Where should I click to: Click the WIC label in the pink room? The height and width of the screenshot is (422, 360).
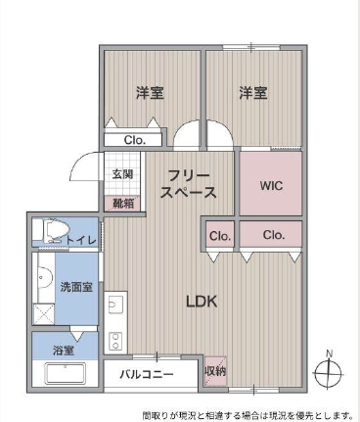pyautogui.click(x=271, y=186)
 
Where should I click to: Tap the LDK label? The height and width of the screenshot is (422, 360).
pyautogui.click(x=202, y=302)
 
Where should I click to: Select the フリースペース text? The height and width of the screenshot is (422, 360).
pyautogui.click(x=189, y=184)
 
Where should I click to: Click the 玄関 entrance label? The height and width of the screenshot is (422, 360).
pyautogui.click(x=122, y=174)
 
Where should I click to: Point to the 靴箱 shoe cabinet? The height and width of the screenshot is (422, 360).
pyautogui.click(x=122, y=204)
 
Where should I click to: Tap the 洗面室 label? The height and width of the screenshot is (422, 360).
pyautogui.click(x=76, y=287)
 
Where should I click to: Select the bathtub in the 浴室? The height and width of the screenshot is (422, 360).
pyautogui.click(x=65, y=374)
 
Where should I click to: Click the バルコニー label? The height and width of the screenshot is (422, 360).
pyautogui.click(x=147, y=374)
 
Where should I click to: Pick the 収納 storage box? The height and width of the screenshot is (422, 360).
pyautogui.click(x=215, y=371)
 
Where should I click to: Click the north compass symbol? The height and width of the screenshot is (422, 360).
pyautogui.click(x=328, y=370)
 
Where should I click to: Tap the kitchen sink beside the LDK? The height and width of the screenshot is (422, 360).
pyautogui.click(x=115, y=305)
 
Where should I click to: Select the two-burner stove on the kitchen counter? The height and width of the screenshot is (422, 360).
pyautogui.click(x=115, y=341)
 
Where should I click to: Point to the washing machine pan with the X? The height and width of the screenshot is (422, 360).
pyautogui.click(x=44, y=313)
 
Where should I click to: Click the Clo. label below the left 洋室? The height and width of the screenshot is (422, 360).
pyautogui.click(x=134, y=140)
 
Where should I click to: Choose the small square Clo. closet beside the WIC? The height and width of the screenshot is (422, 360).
pyautogui.click(x=220, y=235)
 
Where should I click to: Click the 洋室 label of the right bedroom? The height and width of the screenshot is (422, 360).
pyautogui.click(x=253, y=93)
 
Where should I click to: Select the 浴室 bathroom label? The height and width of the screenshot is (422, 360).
pyautogui.click(x=64, y=351)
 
